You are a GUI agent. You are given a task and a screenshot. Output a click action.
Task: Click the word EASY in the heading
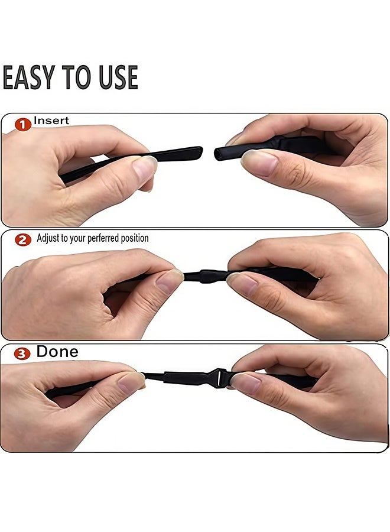[x=30, y=77]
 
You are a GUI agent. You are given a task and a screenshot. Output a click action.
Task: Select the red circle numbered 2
[x=23, y=239]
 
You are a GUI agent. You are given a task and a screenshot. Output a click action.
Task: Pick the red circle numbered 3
[x=22, y=354]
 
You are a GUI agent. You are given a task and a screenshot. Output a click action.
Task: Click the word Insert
[x=51, y=121]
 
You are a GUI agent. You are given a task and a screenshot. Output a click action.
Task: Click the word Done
[x=57, y=352]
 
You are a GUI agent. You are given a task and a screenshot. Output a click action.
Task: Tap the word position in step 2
[x=134, y=239]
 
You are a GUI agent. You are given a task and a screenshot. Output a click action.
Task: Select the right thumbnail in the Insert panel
[x=258, y=162]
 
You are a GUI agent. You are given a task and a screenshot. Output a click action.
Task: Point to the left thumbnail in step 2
[x=170, y=281]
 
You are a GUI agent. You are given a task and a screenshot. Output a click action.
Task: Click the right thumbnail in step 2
[x=242, y=284]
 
